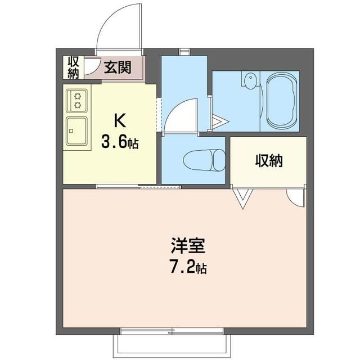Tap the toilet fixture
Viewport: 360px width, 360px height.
coord(204,160)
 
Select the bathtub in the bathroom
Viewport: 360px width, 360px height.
coord(282,101)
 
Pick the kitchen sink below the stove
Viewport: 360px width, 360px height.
coord(77,131)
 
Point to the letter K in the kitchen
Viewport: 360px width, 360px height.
coord(119,120)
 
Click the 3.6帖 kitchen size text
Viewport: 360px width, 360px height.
coord(119,142)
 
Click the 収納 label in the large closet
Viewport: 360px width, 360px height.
coord(269,161)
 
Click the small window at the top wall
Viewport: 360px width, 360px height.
coord(184,52)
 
